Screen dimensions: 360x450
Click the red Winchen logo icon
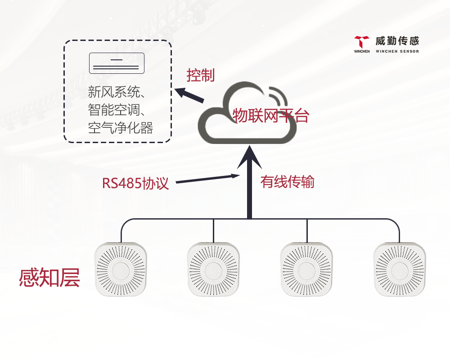click(x=361, y=43)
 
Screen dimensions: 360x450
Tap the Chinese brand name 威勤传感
click(x=397, y=41)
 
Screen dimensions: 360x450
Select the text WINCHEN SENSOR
click(x=397, y=51)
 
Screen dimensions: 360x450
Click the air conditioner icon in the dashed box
click(x=117, y=63)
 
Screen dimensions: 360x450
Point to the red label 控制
click(x=201, y=76)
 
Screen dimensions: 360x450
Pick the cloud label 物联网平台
click(x=271, y=116)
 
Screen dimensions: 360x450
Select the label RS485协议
click(x=135, y=183)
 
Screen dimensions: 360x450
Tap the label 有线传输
click(x=288, y=182)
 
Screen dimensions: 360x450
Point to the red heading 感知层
click(x=49, y=278)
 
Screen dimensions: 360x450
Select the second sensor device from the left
click(x=213, y=269)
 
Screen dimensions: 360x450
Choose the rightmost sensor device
click(x=399, y=269)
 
